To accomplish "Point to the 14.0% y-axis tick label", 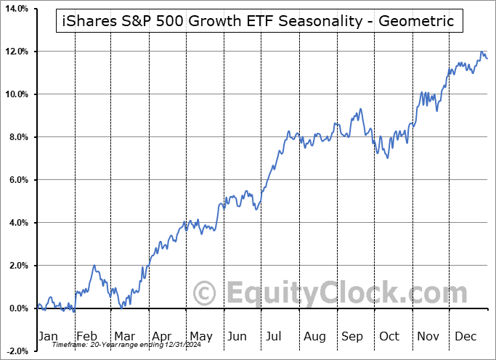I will pos(15,9).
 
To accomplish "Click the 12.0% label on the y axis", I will pos(15,52).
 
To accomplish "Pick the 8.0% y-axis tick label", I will pos(17,137).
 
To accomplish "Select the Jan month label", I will pos(48,336).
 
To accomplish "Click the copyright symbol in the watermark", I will pos(205,294).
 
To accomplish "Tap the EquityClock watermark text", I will pos(338,294).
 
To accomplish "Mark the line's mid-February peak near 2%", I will pos(94,266).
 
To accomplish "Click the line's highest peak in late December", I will pos(481,52).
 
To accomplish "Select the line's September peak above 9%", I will pos(360,110).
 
